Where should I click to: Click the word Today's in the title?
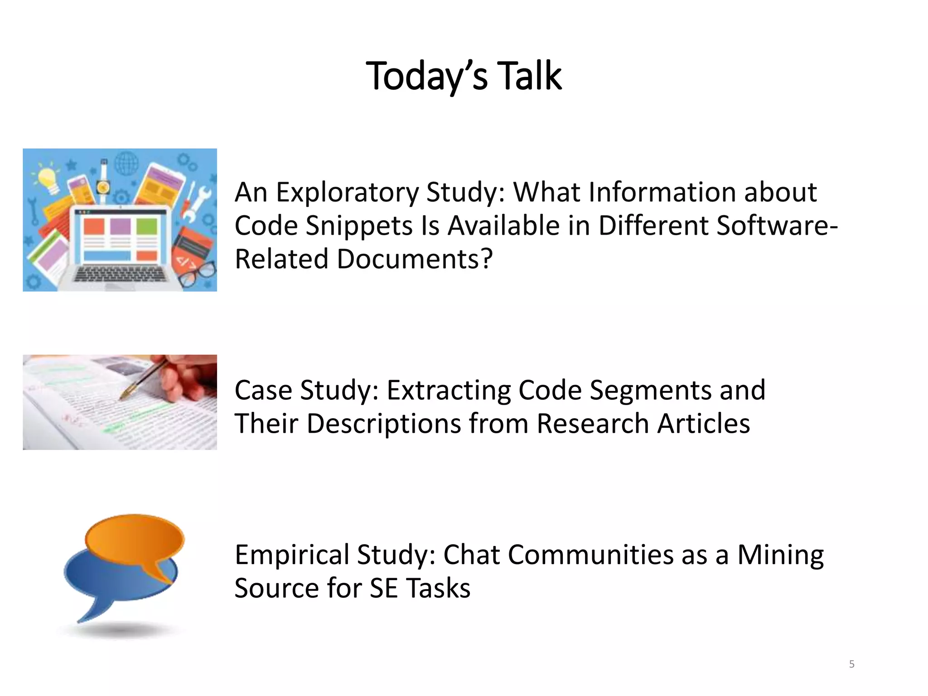point(426,76)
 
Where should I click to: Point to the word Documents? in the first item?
point(414,259)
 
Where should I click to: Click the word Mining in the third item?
point(780,555)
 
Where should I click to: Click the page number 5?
point(851,664)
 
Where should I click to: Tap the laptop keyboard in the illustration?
point(120,274)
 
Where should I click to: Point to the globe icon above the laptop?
point(126,163)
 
